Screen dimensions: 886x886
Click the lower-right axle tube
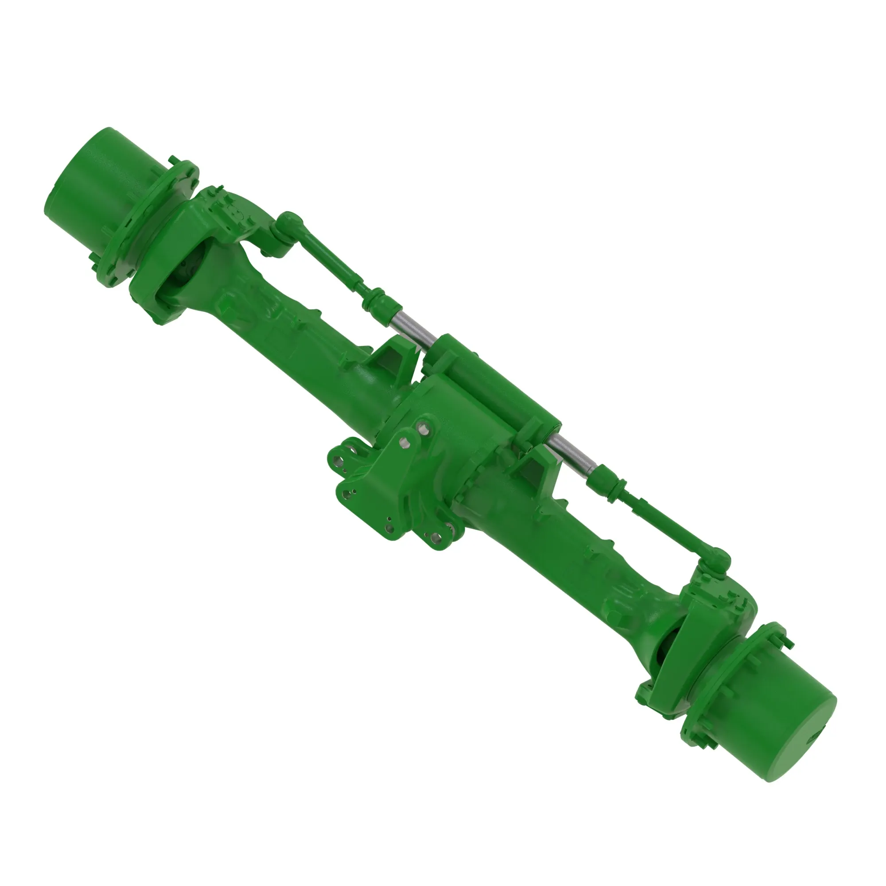pos(550,536)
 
